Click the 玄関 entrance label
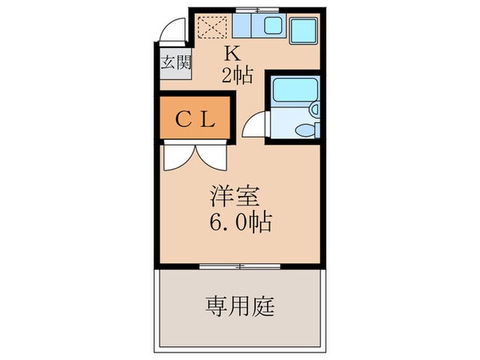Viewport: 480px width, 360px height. pos(176,63)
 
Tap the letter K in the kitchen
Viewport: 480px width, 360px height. pos(232,53)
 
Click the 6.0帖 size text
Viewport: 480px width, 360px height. pos(240,222)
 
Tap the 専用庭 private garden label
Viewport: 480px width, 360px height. pos(239,306)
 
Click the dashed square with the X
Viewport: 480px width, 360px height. pos(213,27)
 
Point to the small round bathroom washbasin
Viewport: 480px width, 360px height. pos(314,108)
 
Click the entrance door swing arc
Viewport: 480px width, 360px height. pos(173,32)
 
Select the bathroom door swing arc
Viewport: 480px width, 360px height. pos(254,125)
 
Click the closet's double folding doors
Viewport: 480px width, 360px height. pos(195,154)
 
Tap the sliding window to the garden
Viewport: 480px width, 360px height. pos(239,265)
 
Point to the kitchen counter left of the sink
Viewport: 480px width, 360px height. pos(242,27)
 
